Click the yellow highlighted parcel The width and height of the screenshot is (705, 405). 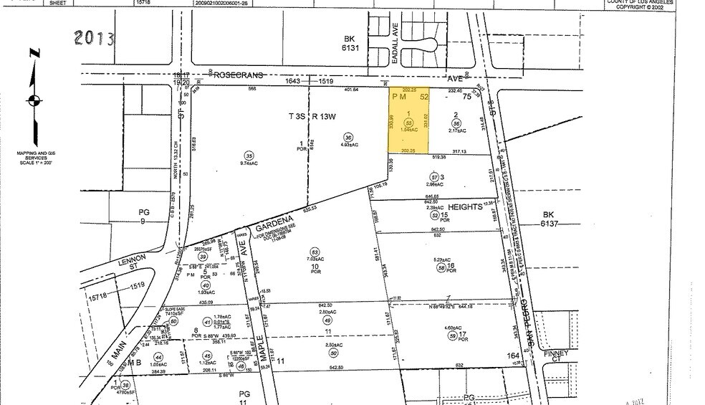408,120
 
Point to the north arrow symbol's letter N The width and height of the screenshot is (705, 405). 34,54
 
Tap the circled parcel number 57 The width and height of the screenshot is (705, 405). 433,177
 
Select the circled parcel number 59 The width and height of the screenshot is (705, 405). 453,337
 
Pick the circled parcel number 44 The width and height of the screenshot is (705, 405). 158,356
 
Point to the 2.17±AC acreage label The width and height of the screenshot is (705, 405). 457,130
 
